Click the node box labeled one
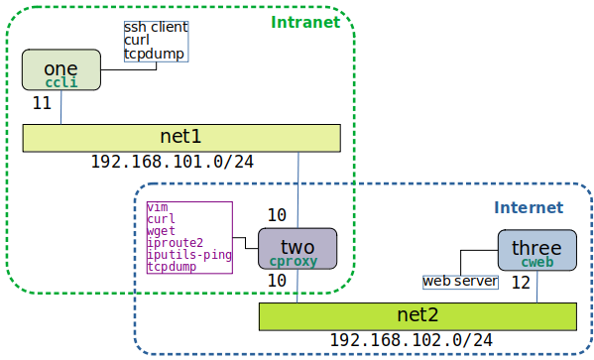click(60, 69)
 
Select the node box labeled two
click(297, 248)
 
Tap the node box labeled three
click(536, 251)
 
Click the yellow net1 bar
click(181, 137)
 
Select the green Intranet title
click(303, 21)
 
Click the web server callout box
click(460, 282)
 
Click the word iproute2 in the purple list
click(176, 243)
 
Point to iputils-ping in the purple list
click(188, 255)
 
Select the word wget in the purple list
click(161, 231)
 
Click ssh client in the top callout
click(156, 27)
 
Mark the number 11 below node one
click(42, 102)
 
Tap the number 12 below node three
click(521, 283)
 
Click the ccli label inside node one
click(61, 82)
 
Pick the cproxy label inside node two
click(297, 261)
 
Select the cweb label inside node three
click(536, 263)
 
